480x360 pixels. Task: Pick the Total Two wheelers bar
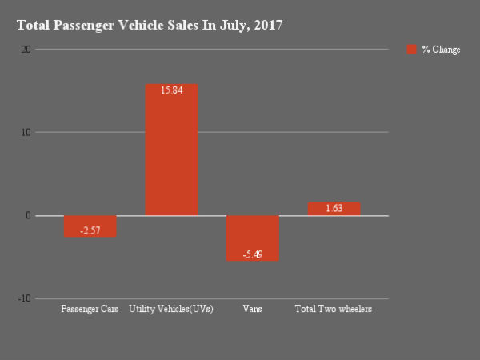pyautogui.click(x=334, y=209)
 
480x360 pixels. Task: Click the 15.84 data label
pyautogui.click(x=171, y=90)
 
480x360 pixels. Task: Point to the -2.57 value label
pyautogui.click(x=90, y=230)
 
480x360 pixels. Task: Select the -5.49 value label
pyautogui.click(x=253, y=254)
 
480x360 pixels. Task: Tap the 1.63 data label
pyautogui.click(x=334, y=209)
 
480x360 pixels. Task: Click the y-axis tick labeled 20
pyautogui.click(x=26, y=50)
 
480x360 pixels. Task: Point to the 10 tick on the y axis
pyautogui.click(x=26, y=132)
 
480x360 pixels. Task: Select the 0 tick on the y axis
pyautogui.click(x=29, y=215)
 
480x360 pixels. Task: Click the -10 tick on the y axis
pyautogui.click(x=25, y=298)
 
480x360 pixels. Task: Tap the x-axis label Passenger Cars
pyautogui.click(x=90, y=309)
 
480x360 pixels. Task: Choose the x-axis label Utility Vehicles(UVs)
pyautogui.click(x=171, y=309)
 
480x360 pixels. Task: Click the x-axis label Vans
pyautogui.click(x=253, y=309)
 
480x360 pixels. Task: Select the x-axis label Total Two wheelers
pyautogui.click(x=334, y=309)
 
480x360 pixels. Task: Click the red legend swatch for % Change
pyautogui.click(x=412, y=50)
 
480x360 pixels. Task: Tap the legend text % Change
pyautogui.click(x=441, y=50)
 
